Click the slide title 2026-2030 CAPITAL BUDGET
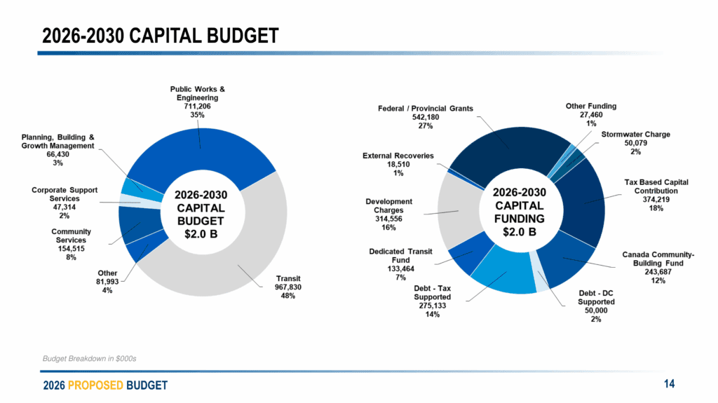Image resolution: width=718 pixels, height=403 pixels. (160, 35)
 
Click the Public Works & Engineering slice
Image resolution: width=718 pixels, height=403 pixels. (200, 144)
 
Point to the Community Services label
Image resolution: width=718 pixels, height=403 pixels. (71, 236)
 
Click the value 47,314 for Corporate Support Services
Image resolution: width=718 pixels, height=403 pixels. (65, 208)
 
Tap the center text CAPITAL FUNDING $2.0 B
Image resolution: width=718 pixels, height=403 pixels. (519, 212)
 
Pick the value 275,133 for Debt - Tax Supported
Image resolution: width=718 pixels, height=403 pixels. (432, 306)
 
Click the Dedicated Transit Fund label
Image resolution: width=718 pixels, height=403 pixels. (400, 256)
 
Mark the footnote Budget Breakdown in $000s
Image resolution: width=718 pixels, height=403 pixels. (89, 358)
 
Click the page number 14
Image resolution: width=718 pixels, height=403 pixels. (669, 383)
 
